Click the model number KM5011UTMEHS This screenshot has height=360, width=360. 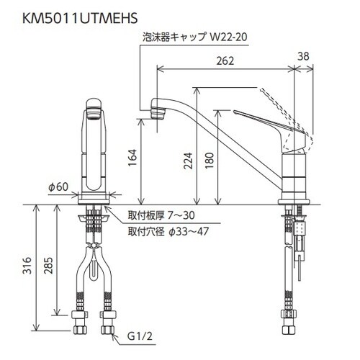pos(80,18)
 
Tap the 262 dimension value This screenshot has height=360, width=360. pos(225,61)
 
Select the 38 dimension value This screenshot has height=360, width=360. pos(303,56)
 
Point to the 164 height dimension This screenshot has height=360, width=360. pos(132,158)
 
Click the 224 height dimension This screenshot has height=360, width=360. pos(188,161)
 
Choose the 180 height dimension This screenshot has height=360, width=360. pos(210,161)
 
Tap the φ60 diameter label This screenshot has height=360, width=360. pos(58,186)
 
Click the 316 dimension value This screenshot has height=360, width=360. pos(27,265)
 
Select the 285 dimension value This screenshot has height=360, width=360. pos(48,265)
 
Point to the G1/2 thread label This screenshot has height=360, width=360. pos(140,336)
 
